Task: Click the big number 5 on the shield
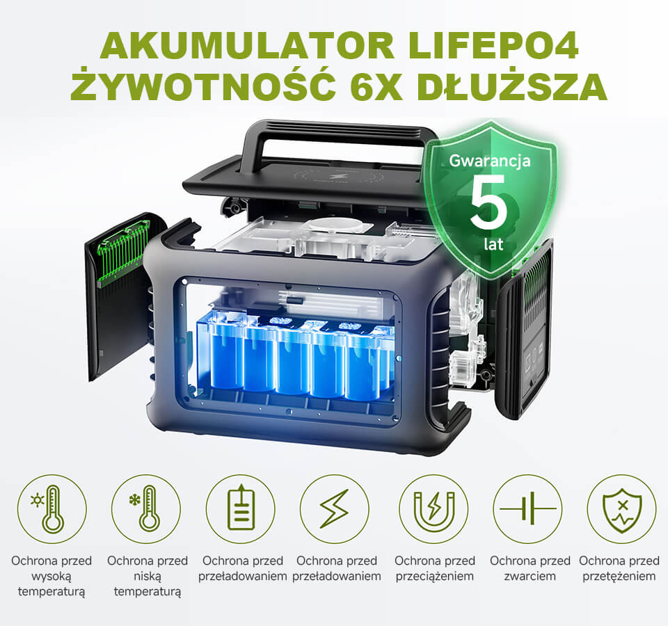[488, 202]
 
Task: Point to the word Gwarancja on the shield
[490, 161]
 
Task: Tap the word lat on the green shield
[493, 243]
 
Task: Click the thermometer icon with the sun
[49, 508]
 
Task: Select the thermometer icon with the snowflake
[145, 508]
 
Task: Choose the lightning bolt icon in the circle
[335, 508]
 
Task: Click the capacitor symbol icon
[528, 508]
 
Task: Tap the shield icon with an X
[622, 510]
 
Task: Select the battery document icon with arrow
[241, 508]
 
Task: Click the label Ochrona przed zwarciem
[530, 568]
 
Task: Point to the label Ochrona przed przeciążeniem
[434, 568]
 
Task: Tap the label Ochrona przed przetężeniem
[619, 568]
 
